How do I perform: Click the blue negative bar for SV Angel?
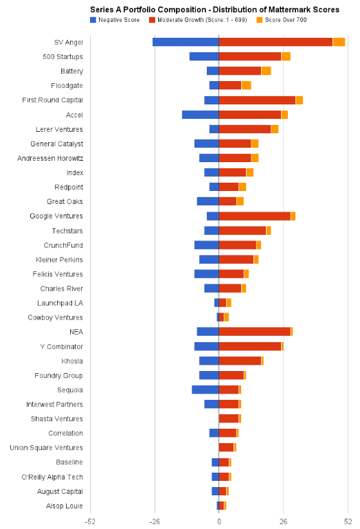point(185,42)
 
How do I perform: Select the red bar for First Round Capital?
point(257,100)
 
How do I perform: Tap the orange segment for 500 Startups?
point(286,56)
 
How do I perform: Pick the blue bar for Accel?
point(201,115)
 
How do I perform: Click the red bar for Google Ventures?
point(255,216)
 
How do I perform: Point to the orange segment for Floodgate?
point(247,85)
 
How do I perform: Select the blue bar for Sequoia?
point(205,390)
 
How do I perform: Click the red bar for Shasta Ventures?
point(229,418)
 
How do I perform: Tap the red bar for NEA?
point(255,332)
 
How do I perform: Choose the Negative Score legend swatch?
point(93,20)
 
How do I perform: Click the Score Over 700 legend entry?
point(282,20)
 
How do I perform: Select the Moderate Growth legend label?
point(203,20)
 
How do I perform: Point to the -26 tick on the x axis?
point(155,521)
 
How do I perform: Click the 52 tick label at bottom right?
point(348,521)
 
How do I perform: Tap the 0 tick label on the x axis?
point(219,521)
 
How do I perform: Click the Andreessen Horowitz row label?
point(50,158)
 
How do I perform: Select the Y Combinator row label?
point(61,346)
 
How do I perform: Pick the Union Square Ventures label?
point(46,448)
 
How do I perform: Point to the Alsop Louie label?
point(65,506)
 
